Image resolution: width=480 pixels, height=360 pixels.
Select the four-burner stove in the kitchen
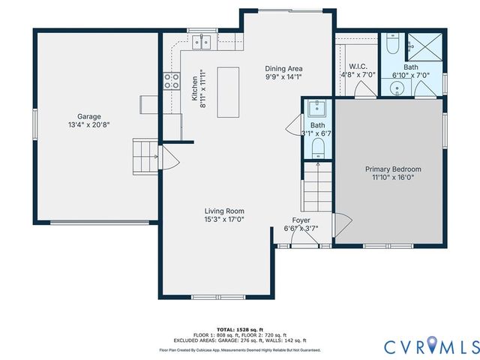click(x=172, y=80)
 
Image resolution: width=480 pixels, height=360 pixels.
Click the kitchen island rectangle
click(x=232, y=91)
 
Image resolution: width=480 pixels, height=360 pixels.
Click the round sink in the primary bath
click(x=399, y=88)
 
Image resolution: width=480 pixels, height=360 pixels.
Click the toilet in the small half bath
click(x=318, y=145)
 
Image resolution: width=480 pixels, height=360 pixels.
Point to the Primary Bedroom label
click(x=393, y=169)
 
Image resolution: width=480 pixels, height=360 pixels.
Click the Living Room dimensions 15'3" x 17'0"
click(x=224, y=220)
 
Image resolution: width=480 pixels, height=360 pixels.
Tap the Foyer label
click(x=301, y=220)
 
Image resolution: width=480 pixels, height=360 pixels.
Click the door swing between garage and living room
click(x=168, y=159)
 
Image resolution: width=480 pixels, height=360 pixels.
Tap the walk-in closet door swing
click(x=365, y=91)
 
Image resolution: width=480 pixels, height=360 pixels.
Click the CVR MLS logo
click(x=431, y=346)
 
